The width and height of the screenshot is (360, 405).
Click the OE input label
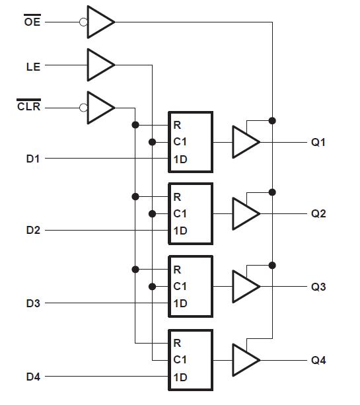[x=31, y=22]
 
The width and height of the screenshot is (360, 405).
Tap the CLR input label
[x=28, y=106]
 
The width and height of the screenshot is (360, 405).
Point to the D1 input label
[x=33, y=159]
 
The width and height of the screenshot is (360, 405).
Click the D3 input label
[x=33, y=303]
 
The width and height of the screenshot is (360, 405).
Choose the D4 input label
[x=33, y=377]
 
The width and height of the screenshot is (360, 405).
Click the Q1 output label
[x=318, y=142]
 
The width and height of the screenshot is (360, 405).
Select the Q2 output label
[x=318, y=214]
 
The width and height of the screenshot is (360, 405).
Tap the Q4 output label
[x=318, y=360]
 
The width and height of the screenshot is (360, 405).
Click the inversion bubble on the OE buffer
[x=83, y=22]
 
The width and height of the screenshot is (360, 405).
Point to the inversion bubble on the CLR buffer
[x=83, y=107]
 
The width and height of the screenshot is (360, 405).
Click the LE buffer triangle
[x=99, y=65]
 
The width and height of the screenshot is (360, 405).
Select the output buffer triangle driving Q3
[x=244, y=287]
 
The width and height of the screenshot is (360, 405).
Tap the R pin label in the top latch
[x=177, y=125]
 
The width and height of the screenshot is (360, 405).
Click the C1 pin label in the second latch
[x=180, y=213]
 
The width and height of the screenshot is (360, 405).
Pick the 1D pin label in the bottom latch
[x=180, y=377]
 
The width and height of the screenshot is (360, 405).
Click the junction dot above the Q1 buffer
[x=272, y=120]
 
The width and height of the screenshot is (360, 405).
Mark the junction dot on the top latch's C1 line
[x=153, y=141]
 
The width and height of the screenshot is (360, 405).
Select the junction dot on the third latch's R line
[x=135, y=269]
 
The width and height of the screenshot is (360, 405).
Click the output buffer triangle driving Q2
[x=244, y=214]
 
